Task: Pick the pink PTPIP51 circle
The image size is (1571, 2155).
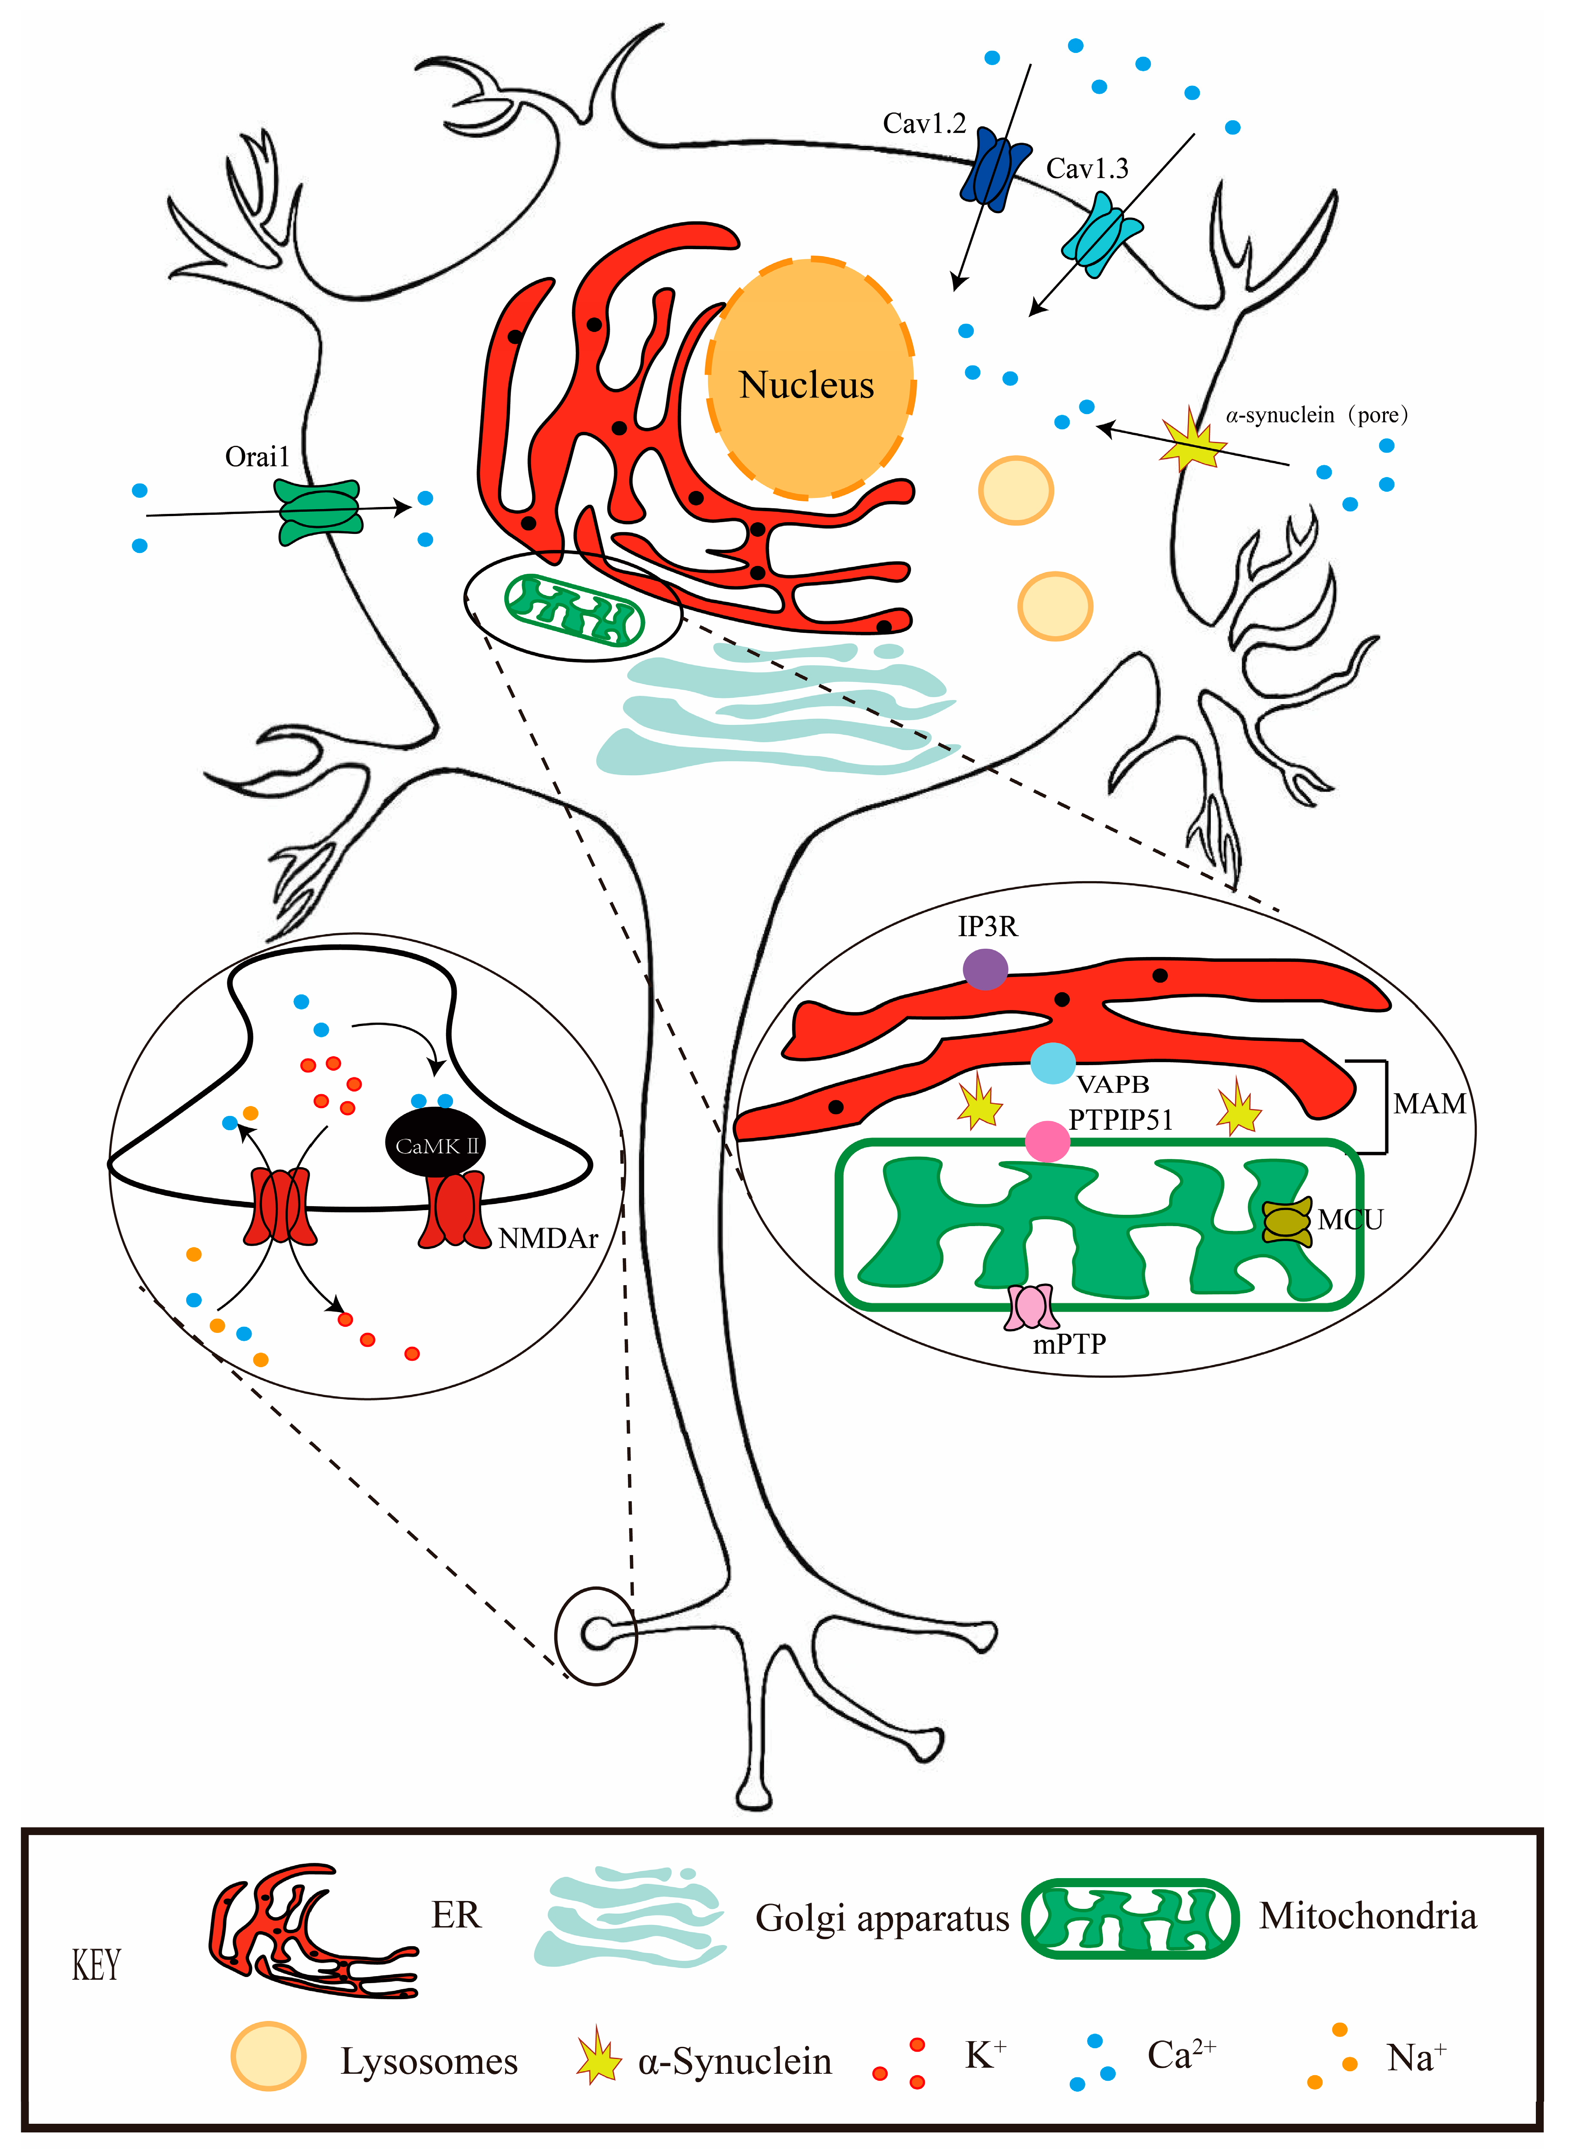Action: [x=1047, y=1140]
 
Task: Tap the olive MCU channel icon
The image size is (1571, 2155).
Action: [x=1287, y=1220]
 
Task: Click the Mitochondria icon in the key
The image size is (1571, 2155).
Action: [x=1130, y=1917]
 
